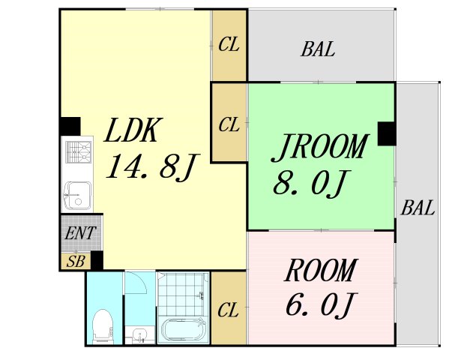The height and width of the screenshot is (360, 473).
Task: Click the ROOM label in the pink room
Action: click(x=321, y=270)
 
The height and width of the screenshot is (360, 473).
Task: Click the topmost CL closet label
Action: click(x=229, y=45)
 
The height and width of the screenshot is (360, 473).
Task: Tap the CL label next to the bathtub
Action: click(x=229, y=309)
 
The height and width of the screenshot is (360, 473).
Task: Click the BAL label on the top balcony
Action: click(x=318, y=51)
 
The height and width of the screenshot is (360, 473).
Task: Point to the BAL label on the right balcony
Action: click(x=418, y=208)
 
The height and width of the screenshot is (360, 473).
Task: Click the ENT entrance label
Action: click(x=79, y=233)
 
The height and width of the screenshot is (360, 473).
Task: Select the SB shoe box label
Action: click(x=75, y=261)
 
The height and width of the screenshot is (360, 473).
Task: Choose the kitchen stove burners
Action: click(x=76, y=152)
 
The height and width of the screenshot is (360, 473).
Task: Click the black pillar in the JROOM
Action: click(x=387, y=133)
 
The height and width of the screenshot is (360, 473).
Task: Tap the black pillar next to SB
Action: click(x=96, y=261)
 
